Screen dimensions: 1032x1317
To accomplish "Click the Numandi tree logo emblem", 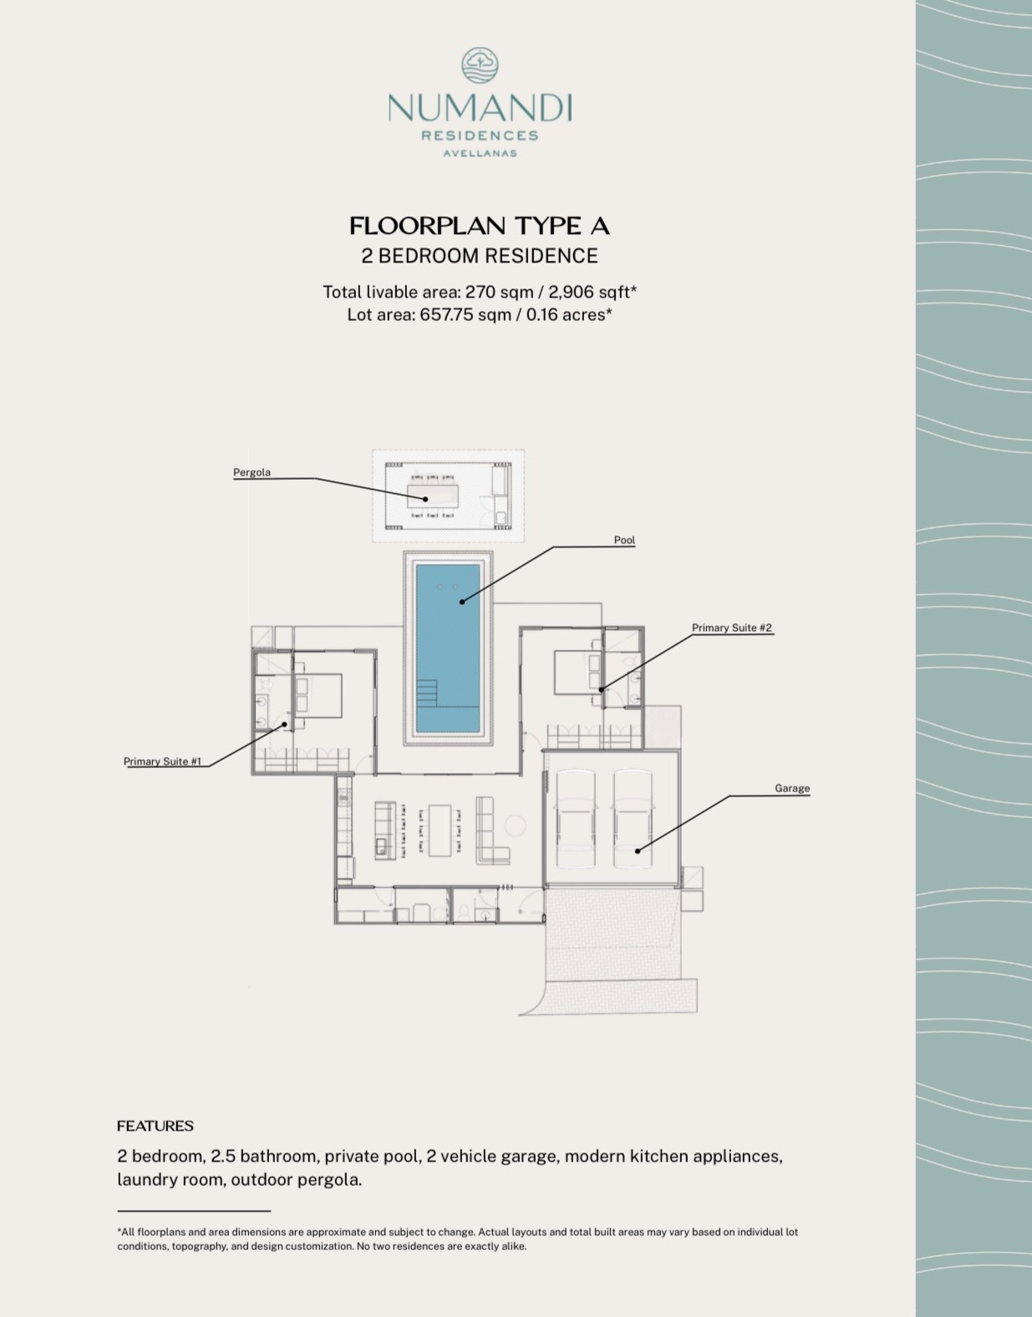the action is (480, 65).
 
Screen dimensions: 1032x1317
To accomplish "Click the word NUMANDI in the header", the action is (480, 108).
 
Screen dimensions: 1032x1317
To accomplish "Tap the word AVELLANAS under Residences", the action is (480, 153).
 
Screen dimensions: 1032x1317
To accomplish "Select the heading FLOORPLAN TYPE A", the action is (480, 226).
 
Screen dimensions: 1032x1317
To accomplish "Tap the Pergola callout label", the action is (252, 472).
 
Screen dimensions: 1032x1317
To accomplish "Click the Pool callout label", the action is (624, 540).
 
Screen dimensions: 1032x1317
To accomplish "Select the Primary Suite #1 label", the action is (162, 761).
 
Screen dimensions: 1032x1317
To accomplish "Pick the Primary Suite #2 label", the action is (732, 628).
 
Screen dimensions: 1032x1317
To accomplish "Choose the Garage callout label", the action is (792, 788).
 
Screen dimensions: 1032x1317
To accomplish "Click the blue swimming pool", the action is (448, 648).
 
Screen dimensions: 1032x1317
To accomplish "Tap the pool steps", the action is (427, 693).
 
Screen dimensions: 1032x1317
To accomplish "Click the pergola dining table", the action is (432, 496).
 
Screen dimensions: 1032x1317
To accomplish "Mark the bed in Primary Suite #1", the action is (318, 695).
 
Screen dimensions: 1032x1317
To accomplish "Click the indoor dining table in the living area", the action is (440, 831).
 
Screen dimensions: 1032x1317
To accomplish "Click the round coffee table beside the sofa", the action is (516, 826).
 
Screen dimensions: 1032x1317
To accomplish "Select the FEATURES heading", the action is (155, 1126).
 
